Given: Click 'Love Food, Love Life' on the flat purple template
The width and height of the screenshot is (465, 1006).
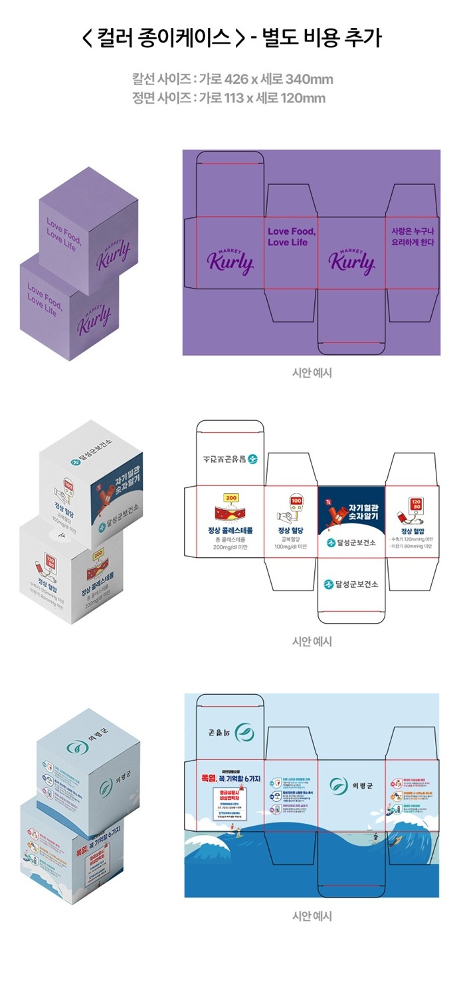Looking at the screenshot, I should pos(291,237).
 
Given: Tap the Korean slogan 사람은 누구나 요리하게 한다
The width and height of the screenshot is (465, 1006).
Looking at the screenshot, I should pos(412,237).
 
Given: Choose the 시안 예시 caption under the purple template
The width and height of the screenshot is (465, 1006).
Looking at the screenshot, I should pos(312,372).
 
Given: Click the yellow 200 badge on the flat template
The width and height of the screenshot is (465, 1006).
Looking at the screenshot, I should pos(231,497).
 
